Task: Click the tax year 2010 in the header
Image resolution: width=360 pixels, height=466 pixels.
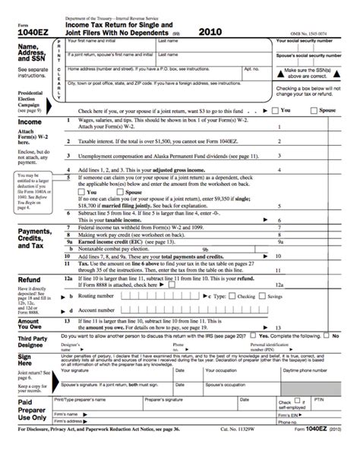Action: (x=210, y=33)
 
